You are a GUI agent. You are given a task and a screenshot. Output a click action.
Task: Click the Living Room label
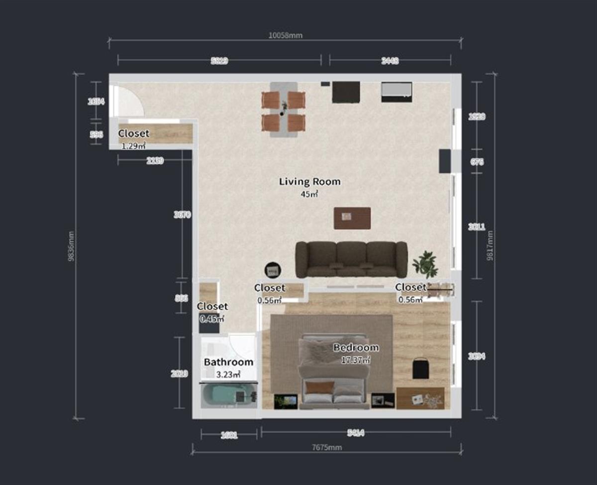[x=309, y=182]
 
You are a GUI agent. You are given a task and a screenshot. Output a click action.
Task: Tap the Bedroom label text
[x=356, y=348]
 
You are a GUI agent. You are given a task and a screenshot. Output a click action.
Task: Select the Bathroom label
[x=228, y=362]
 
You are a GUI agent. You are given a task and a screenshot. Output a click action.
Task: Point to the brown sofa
[x=351, y=259]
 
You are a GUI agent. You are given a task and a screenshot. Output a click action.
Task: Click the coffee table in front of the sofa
[x=352, y=218]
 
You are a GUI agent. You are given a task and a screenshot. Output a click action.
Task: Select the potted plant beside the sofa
[x=425, y=264]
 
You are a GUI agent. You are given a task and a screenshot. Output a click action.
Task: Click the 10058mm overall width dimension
[x=285, y=35]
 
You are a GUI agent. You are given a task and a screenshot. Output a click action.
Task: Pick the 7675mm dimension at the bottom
[x=326, y=447]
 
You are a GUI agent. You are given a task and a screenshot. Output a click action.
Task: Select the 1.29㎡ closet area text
[x=133, y=146]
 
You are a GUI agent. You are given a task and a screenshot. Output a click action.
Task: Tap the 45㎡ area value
[x=309, y=194]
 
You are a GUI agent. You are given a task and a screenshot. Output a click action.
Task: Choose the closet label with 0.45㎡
[x=212, y=307]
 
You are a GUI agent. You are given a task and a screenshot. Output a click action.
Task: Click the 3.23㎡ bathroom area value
[x=229, y=374]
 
